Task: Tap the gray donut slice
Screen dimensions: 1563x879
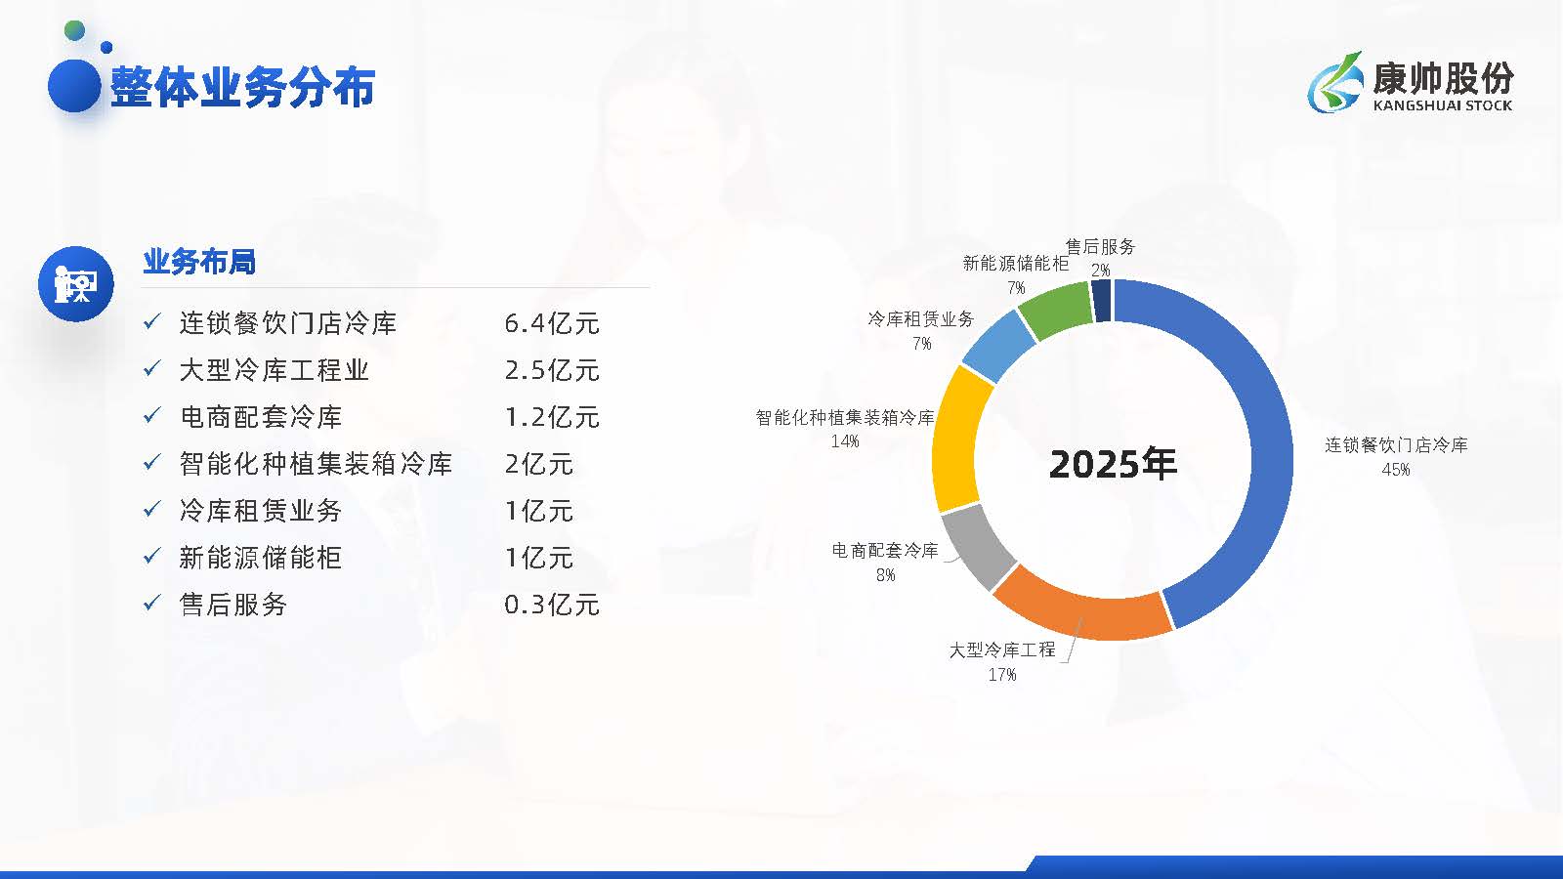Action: [x=977, y=546]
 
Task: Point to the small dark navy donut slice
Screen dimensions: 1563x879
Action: [x=1102, y=301]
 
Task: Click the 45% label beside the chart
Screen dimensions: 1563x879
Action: [x=1396, y=470]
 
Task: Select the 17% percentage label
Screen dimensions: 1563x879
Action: [x=1002, y=675]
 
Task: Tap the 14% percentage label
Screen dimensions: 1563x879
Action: [x=845, y=440]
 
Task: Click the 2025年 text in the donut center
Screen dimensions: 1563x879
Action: [x=1113, y=464]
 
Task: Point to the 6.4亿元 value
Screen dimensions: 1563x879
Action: [x=551, y=323]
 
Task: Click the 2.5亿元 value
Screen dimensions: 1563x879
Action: [x=551, y=370]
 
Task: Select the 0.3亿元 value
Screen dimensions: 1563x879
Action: [x=551, y=605]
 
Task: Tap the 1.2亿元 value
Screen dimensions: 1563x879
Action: [x=551, y=417]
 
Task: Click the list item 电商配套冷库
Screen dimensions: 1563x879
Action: [x=260, y=417]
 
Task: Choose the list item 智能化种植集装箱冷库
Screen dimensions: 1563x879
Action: [x=316, y=464]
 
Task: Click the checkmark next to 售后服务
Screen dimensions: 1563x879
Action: [x=152, y=602]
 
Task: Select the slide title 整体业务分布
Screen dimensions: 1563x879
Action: [x=243, y=87]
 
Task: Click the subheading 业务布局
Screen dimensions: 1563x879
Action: [x=199, y=262]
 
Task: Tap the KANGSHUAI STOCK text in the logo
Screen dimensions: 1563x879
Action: [x=1442, y=105]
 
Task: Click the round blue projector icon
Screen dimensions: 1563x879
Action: [x=75, y=284]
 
